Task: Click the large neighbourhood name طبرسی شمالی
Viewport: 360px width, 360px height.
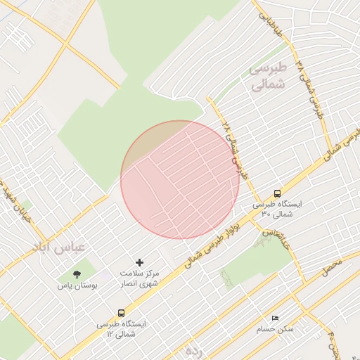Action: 268,76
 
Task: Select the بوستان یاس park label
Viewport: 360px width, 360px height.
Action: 77,286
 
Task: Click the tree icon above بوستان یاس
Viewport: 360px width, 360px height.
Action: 77,274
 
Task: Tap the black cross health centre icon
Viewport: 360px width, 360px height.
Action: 139,262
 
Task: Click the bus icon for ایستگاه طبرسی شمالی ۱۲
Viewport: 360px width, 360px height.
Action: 122,313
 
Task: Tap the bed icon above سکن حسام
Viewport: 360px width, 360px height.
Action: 274,319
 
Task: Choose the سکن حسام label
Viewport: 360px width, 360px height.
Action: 276,329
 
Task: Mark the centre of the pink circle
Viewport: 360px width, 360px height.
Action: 180,180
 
